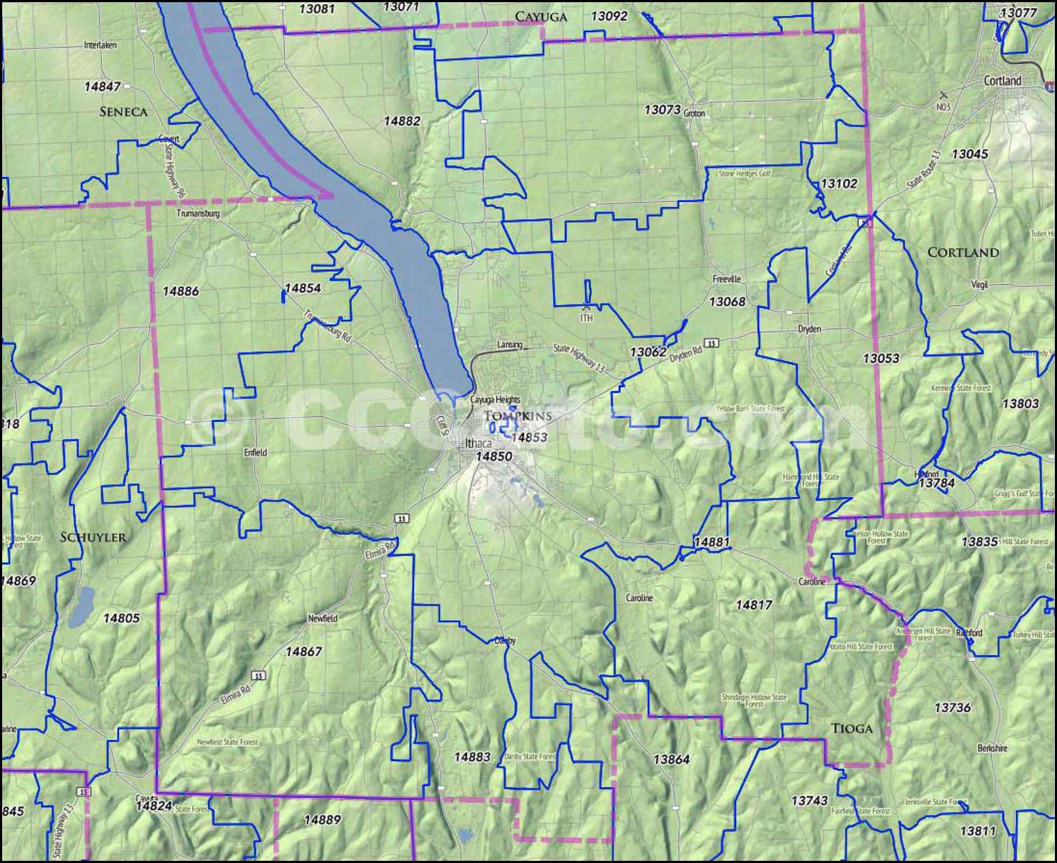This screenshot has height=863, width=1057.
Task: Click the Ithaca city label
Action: [x=478, y=443]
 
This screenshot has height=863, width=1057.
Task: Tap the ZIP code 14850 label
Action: [x=493, y=456]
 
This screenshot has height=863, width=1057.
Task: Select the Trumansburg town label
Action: [x=198, y=213]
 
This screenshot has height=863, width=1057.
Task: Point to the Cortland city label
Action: [x=1002, y=81]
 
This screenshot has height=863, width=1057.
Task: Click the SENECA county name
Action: [x=123, y=112]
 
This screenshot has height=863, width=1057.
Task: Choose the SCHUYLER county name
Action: [x=93, y=537]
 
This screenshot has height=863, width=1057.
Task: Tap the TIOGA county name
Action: [x=851, y=729]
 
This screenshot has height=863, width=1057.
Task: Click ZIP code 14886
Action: [x=180, y=291]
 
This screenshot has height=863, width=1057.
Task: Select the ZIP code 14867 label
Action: [x=303, y=652]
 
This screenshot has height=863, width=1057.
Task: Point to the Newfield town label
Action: [x=322, y=618]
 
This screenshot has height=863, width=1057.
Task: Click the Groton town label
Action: [x=694, y=114]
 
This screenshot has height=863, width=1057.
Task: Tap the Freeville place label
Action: [x=726, y=279]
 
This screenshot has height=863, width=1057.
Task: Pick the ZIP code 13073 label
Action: [x=662, y=110]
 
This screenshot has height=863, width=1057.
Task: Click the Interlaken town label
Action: [x=100, y=45]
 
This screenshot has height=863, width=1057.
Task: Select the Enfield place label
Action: [x=255, y=453]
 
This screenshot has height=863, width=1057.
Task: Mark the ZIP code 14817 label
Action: [x=754, y=606]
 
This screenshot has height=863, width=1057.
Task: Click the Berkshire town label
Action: [x=992, y=748]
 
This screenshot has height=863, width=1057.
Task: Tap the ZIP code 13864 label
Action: [x=671, y=760]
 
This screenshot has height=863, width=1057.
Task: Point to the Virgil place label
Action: [x=979, y=284]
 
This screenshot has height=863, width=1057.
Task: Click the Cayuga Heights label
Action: [x=495, y=400]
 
